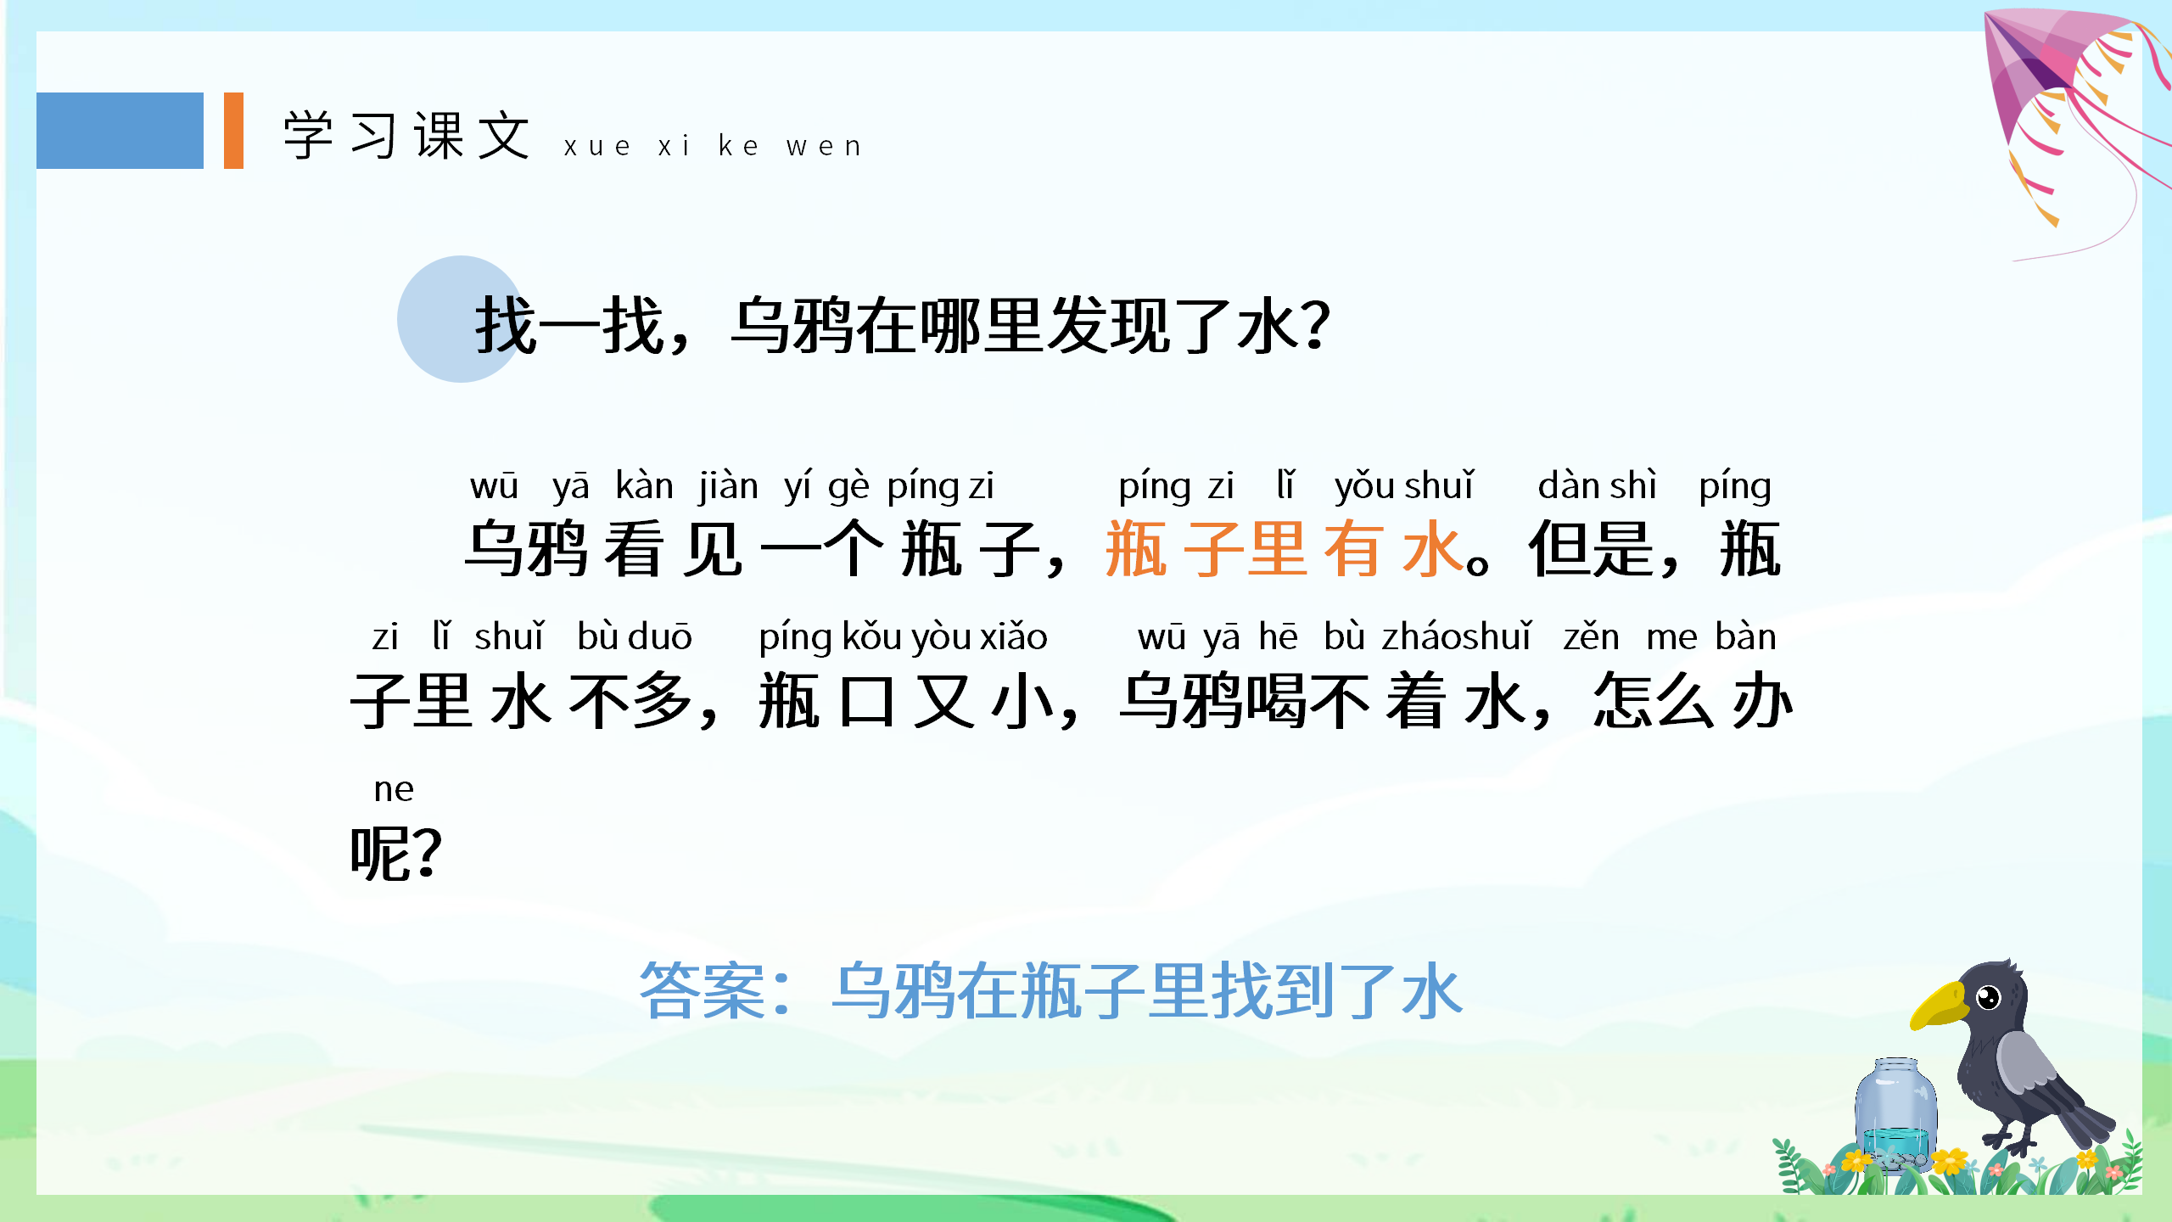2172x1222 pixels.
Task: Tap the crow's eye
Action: click(1988, 997)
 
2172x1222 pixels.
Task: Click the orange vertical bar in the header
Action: click(233, 131)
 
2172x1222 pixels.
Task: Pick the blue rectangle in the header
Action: click(120, 131)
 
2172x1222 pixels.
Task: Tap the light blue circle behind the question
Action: click(450, 319)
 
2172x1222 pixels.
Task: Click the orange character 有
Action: click(1354, 549)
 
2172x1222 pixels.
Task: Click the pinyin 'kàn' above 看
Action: click(644, 486)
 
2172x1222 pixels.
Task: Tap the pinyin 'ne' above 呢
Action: click(394, 789)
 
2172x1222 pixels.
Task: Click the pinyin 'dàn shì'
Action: click(1597, 486)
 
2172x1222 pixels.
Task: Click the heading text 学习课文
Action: click(407, 136)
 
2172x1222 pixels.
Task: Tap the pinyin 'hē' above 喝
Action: click(1278, 636)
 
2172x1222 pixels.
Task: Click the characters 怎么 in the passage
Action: click(1654, 701)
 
